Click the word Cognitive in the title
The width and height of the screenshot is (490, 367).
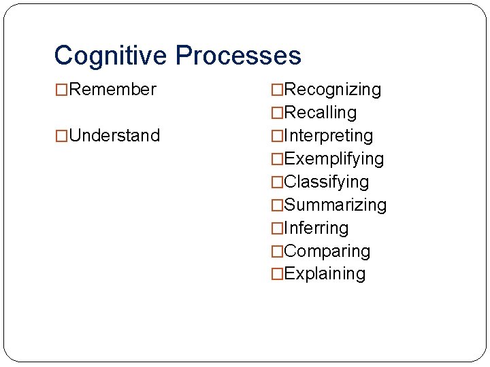111,56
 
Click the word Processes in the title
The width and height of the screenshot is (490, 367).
238,56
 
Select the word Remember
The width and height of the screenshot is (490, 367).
113,90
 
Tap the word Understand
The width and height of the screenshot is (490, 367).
115,136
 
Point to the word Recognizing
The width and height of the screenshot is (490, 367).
333,90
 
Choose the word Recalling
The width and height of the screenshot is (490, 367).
321,113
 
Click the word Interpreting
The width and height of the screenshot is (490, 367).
329,136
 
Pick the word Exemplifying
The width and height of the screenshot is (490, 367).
334,159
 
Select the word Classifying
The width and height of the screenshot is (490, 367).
327,182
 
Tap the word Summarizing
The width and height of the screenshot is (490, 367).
336,205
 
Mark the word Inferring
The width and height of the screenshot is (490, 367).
316,228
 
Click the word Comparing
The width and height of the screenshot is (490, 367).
327,251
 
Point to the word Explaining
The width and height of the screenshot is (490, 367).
325,274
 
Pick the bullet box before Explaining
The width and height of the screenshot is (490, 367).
277,275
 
